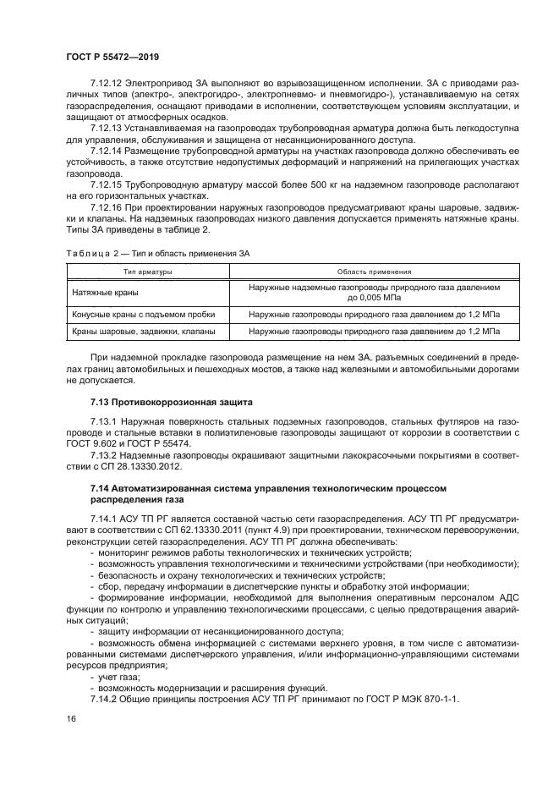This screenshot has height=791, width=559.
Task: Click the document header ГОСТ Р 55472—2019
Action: [112, 56]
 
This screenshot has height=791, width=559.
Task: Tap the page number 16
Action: [71, 718]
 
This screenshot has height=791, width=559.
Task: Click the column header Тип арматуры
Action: [148, 272]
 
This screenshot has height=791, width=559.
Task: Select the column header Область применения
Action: [374, 272]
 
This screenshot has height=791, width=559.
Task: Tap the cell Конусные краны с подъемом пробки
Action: [139, 314]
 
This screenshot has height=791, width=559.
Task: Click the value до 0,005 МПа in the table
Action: [375, 298]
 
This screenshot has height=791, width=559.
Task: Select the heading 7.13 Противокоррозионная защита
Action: [166, 400]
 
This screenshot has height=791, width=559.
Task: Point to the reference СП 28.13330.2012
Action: [140, 466]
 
